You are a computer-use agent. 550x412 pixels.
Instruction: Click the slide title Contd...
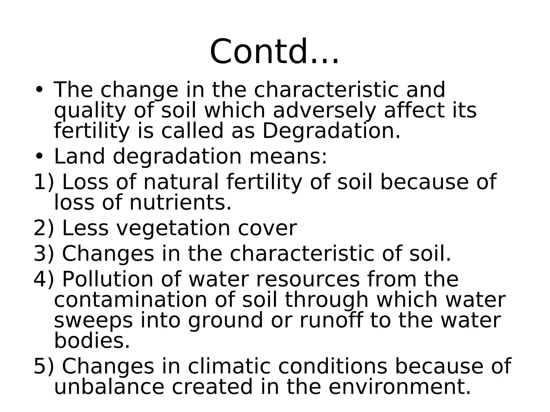pos(274,52)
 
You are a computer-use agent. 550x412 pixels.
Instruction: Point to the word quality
pos(90,111)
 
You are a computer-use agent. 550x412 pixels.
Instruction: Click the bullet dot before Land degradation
pos(39,156)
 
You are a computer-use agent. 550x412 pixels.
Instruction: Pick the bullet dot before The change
pos(39,90)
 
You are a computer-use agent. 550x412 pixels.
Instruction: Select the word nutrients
pos(180,203)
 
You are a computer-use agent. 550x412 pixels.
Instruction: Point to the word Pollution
pos(108,279)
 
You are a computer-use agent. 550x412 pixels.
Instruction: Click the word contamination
pos(131,300)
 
